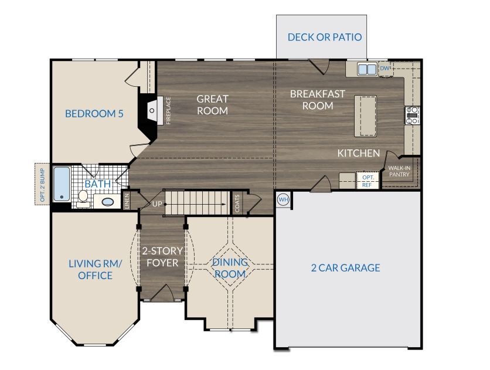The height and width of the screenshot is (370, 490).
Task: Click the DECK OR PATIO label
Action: (325, 37)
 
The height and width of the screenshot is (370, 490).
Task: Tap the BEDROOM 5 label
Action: (94, 114)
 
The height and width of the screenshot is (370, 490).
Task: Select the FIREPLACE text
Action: (168, 111)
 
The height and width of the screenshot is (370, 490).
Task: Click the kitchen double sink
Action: (367, 69)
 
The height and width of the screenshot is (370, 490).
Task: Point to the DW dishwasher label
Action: (384, 68)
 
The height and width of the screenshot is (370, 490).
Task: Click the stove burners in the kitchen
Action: (413, 116)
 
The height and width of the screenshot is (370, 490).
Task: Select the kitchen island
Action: (365, 116)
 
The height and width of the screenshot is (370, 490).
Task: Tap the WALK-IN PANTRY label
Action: (399, 171)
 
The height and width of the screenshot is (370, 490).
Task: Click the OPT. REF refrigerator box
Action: (367, 181)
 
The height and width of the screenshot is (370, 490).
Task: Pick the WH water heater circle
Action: (284, 199)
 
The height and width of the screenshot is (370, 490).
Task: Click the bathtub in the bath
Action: (62, 184)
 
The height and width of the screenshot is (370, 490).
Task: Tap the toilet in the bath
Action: (83, 199)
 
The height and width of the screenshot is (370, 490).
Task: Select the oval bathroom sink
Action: (108, 202)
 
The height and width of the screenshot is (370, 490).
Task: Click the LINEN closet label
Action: (127, 201)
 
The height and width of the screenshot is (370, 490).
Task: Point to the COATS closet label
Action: (237, 203)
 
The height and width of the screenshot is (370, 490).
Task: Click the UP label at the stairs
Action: (157, 204)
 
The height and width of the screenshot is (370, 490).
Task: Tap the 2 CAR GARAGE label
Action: (345, 268)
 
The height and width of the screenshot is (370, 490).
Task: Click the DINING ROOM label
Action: (230, 268)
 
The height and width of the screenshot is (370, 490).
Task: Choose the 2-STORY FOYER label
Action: (162, 257)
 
